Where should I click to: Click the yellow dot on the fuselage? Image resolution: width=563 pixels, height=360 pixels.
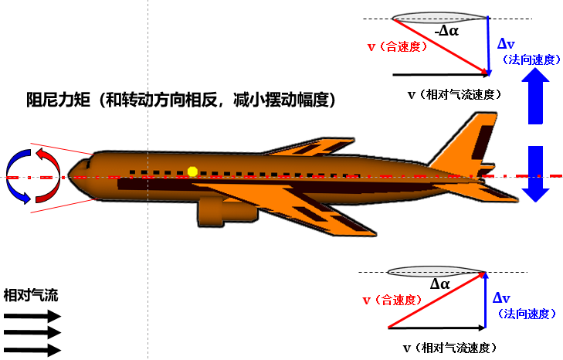[x=193, y=171]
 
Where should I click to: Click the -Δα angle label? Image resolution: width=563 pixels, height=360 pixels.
[x=446, y=31]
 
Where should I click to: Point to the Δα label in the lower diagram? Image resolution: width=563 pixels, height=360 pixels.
[x=440, y=284]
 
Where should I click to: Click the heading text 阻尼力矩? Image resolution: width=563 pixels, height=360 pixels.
[x=59, y=100]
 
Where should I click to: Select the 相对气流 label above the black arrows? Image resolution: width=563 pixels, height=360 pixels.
[x=31, y=295]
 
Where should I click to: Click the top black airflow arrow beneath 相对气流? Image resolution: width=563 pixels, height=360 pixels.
[x=32, y=316]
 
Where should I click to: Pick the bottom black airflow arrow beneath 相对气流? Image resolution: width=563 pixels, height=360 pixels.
[x=32, y=350]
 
